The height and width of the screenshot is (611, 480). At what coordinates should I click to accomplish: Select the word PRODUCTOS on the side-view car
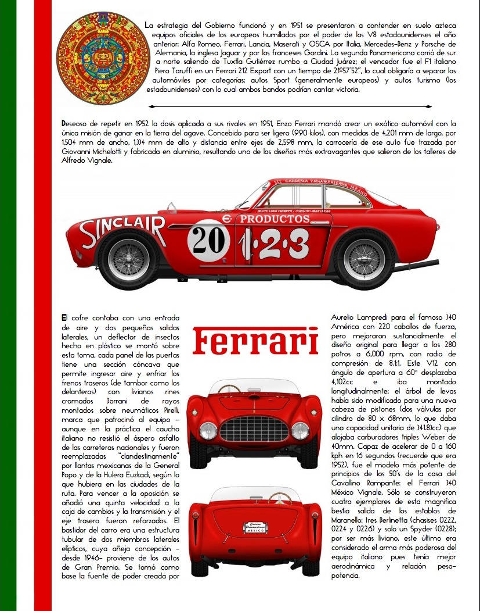[x=275, y=219]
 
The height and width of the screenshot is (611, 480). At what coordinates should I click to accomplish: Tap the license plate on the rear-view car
[x=255, y=528]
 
